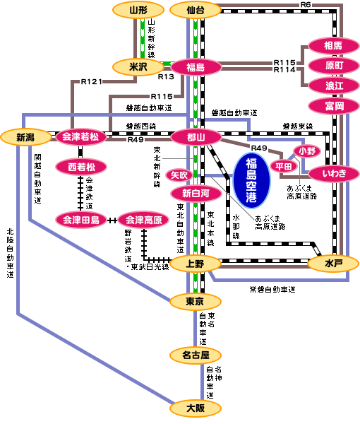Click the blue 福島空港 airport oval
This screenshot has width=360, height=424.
(252, 176)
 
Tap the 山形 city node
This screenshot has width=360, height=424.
(138, 10)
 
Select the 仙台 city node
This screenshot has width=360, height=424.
(196, 10)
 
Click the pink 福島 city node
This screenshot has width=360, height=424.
(196, 67)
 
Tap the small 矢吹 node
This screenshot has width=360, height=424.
(179, 174)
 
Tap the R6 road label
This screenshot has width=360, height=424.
(305, 5)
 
